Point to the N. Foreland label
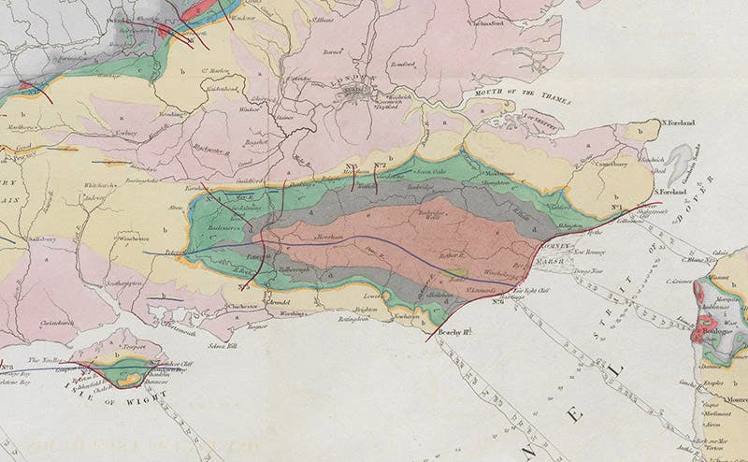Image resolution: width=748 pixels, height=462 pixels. click(680, 123)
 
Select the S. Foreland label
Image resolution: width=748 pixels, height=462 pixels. click(670, 192)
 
